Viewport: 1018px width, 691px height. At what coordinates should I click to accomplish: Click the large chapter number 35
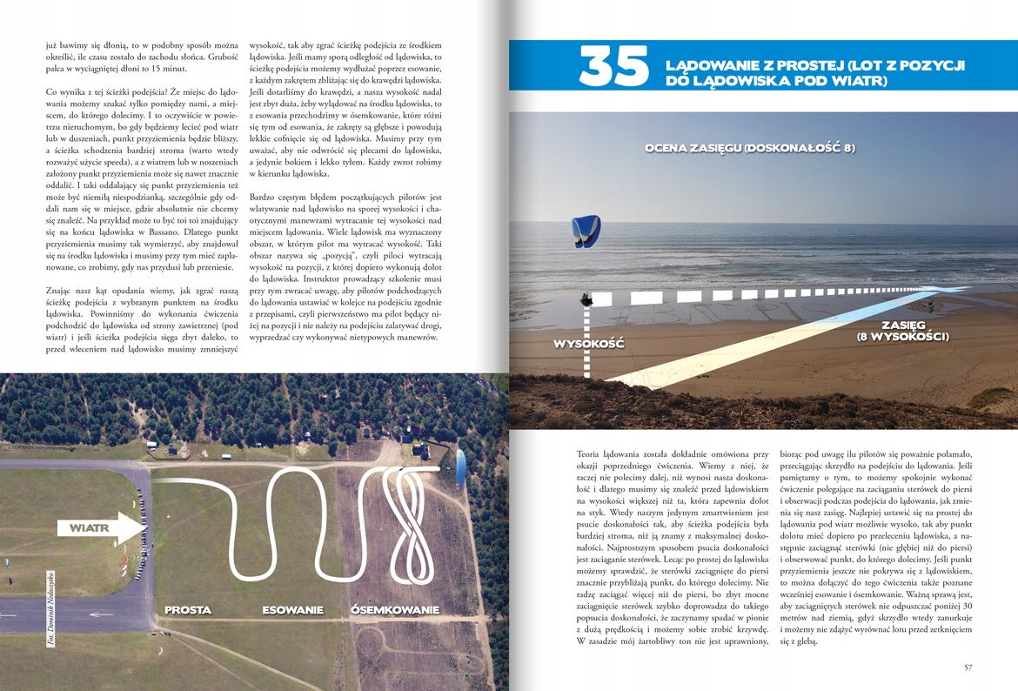pos(613,67)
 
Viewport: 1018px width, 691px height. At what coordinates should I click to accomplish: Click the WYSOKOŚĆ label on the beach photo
pos(589,344)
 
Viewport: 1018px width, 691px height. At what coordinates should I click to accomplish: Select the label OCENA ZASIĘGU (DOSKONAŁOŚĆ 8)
pos(749,149)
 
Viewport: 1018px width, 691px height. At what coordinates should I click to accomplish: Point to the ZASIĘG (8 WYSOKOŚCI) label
pos(902,331)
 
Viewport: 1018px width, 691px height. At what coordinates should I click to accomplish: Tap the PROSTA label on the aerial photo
pos(188,610)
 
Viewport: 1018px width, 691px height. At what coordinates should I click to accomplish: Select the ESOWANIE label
pos(292,610)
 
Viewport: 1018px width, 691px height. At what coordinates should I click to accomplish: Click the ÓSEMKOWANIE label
pos(394,610)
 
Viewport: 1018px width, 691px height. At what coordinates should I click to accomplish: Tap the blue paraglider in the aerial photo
pos(460,467)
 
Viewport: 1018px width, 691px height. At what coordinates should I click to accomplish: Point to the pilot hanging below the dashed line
pos(588,300)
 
